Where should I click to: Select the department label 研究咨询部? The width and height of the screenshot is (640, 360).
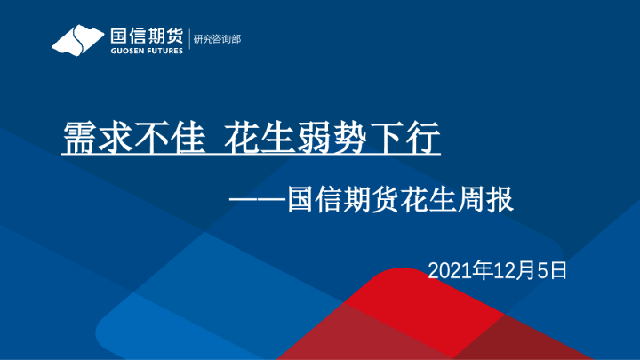(x=217, y=39)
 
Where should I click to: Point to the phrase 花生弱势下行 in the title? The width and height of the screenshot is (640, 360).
(x=332, y=139)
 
